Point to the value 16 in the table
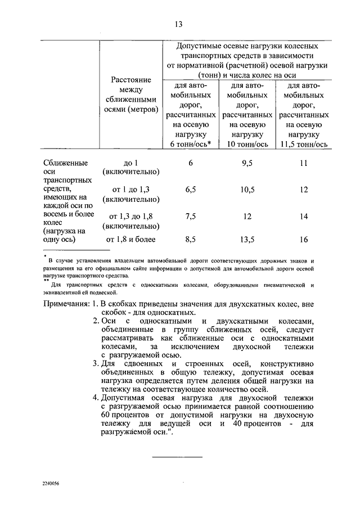coord(304,240)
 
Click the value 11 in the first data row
coord(304,163)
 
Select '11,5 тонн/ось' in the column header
coord(304,145)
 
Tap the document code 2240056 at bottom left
coord(50,484)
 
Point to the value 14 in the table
coord(304,217)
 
